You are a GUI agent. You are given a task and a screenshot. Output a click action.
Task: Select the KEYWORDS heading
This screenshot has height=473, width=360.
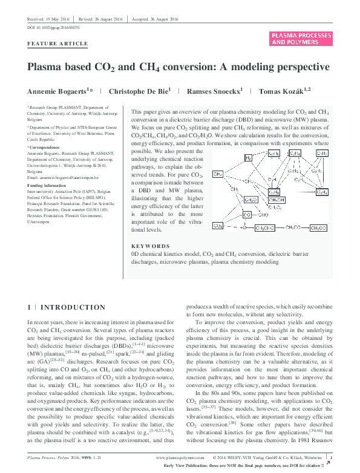(x=150, y=247)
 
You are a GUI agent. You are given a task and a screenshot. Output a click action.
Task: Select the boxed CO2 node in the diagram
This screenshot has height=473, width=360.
(x=218, y=226)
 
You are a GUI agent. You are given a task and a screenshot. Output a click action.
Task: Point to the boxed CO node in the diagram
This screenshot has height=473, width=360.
(x=247, y=214)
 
